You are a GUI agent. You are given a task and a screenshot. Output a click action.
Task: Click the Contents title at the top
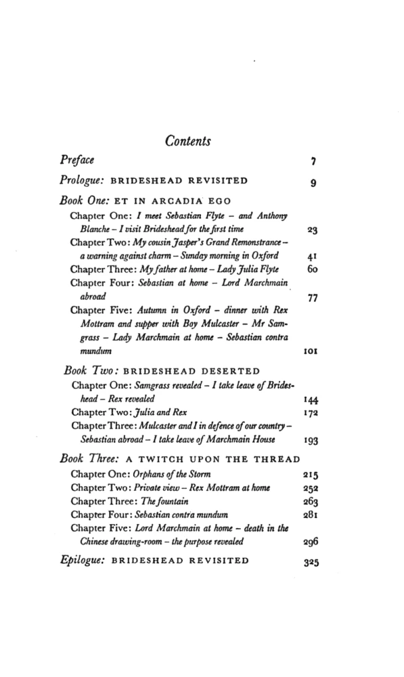click(188, 141)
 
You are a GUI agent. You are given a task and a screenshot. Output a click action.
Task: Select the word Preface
click(76, 160)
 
